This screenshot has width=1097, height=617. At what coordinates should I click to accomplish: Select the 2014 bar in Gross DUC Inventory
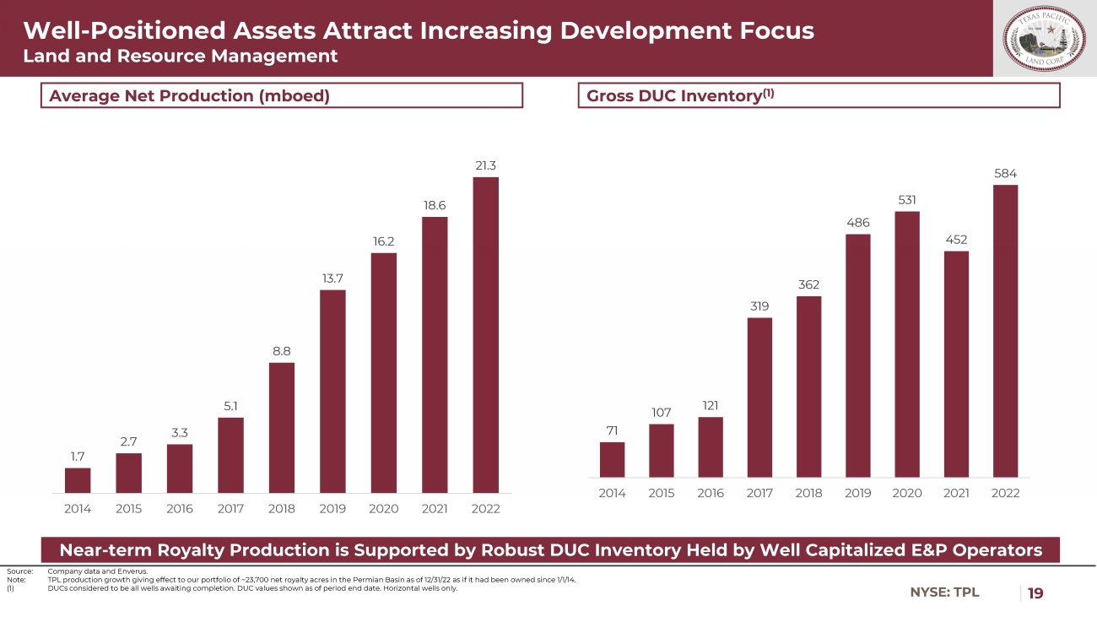click(x=612, y=459)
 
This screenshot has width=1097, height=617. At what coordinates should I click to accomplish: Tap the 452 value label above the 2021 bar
click(x=956, y=239)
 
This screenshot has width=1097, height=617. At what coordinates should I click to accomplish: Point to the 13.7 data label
click(x=332, y=278)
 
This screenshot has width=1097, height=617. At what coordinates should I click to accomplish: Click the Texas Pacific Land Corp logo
click(x=1044, y=39)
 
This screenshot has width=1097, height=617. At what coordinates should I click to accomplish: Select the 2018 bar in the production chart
click(x=282, y=427)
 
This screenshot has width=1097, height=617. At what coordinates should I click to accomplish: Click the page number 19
click(x=1035, y=593)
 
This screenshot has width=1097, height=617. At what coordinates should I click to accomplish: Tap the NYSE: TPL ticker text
click(x=944, y=593)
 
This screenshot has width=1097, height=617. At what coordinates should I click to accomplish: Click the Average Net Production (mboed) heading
click(x=189, y=95)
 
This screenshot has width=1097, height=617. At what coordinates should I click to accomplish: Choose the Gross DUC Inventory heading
click(x=680, y=95)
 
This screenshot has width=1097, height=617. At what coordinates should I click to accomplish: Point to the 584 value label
click(x=1005, y=173)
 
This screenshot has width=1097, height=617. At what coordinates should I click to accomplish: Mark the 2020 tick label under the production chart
click(x=384, y=509)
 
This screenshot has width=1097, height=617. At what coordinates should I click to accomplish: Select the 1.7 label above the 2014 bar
click(x=77, y=456)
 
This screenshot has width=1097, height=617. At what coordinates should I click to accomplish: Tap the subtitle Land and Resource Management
click(x=181, y=57)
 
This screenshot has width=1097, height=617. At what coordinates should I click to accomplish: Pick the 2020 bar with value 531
click(x=907, y=344)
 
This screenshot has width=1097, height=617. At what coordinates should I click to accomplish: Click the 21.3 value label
click(x=485, y=165)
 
